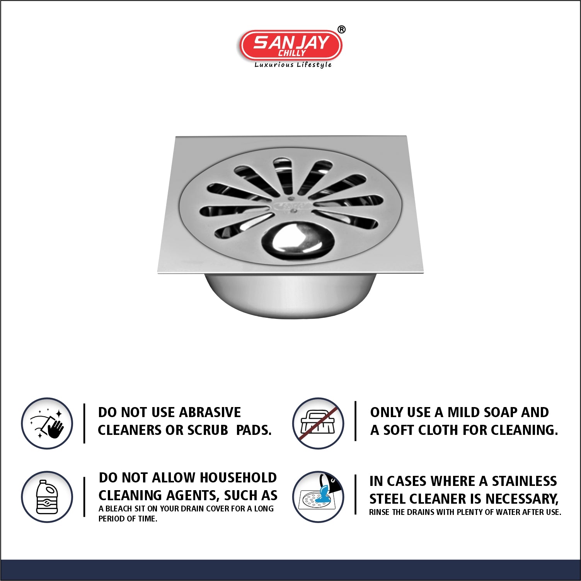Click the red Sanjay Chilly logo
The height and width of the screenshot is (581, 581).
coord(291,46)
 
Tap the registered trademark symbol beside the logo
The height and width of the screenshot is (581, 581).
coord(341,30)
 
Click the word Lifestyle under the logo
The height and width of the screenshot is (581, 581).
coord(314,65)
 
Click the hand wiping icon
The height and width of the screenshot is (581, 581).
coord(47,423)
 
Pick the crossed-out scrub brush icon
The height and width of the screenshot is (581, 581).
coord(318,423)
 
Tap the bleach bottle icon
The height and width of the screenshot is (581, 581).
coord(47,497)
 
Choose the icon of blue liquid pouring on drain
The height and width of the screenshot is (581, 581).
coord(318,497)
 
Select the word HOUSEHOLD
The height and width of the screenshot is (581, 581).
coord(238,478)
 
